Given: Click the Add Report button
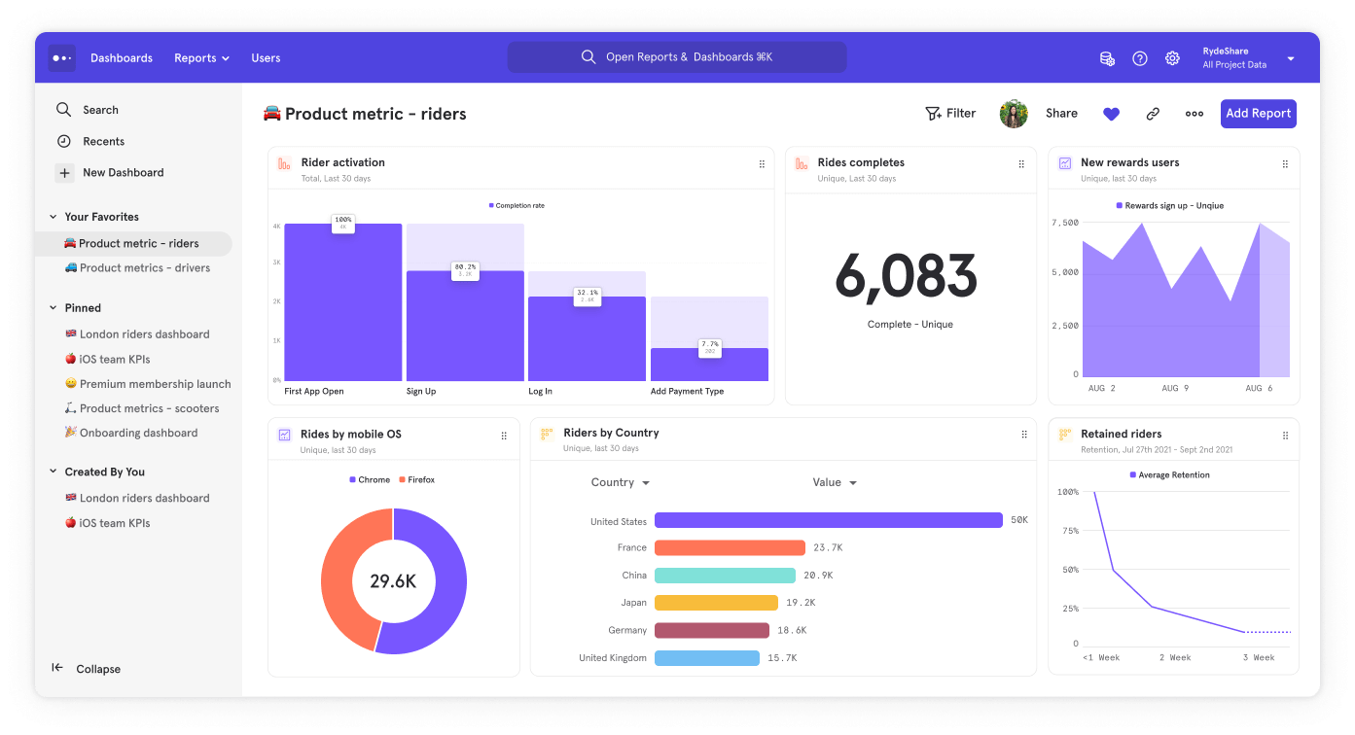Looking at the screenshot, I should coord(1258,114).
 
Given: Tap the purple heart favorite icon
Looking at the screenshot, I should coord(1111,114).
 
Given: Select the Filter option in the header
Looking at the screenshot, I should coord(950,114).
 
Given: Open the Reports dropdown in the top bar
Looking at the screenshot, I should coord(201,58).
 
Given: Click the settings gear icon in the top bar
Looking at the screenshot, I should coord(1172,58).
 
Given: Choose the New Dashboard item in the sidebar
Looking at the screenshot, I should coord(123,173).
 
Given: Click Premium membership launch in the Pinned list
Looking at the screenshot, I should coord(155,384).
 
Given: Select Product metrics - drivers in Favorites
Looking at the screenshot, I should coord(144,268).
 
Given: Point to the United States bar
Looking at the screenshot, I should coord(828,521).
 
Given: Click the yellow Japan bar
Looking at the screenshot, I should coord(716,603).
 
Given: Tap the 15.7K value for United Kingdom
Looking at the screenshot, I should coord(782,658).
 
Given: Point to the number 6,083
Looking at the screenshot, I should coord(906,277).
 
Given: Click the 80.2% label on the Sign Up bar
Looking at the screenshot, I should coord(465,267).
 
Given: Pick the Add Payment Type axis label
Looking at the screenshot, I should coord(687,392).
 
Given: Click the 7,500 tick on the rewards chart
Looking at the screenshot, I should coord(1065,223).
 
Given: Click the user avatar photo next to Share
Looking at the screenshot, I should coord(1014,114).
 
